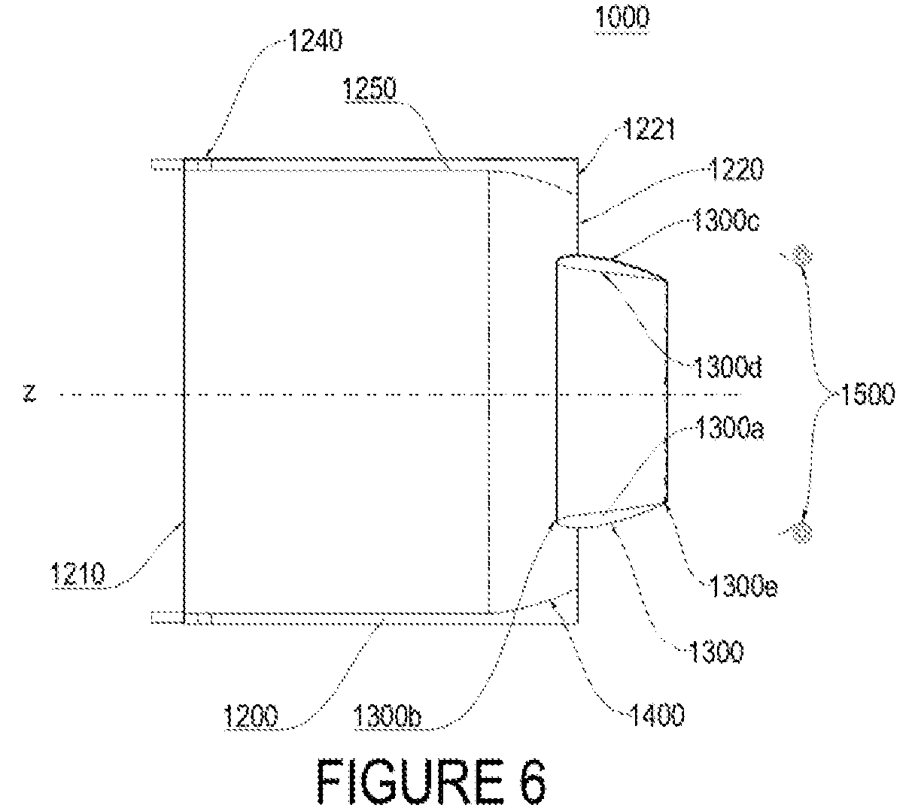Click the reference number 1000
[x=622, y=18]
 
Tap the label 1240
[x=315, y=41]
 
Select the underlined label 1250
[x=369, y=88]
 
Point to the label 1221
[x=649, y=130]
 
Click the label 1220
[x=736, y=170]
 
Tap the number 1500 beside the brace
[x=868, y=394]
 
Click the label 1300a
[x=729, y=428]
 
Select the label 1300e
[x=743, y=587]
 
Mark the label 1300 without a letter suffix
[x=716, y=652]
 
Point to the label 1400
[x=657, y=715]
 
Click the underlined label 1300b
[x=388, y=716]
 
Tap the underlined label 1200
[x=251, y=716]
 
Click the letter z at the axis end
[x=29, y=393]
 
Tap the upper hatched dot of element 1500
[x=801, y=255]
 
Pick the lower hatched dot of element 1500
[x=801, y=531]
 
